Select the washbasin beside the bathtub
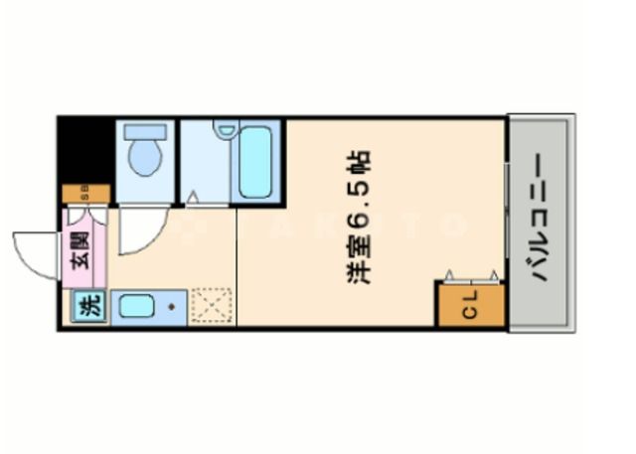tap(226, 129)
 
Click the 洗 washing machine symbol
tap(89, 307)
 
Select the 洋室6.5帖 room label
tap(360, 218)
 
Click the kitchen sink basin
tap(136, 307)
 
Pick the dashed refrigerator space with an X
tap(211, 306)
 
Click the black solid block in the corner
tap(84, 149)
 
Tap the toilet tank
tap(145, 130)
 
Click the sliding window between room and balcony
tap(507, 221)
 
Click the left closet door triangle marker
tap(450, 275)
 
